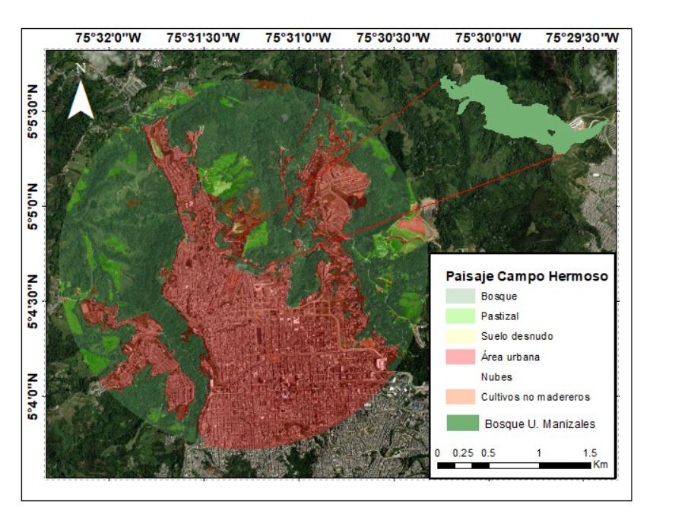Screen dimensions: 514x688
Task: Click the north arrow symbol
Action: tap(81, 94)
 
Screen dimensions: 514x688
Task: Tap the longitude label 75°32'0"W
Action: tap(107, 37)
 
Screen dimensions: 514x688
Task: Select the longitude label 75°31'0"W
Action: tap(298, 37)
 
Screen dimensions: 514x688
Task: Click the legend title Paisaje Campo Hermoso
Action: tap(526, 277)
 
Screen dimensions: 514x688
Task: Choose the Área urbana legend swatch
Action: tap(459, 357)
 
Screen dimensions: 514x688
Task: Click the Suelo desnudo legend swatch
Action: tap(459, 336)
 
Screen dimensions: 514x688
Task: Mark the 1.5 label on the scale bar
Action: tap(588, 453)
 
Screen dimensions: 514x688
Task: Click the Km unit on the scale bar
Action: tap(601, 464)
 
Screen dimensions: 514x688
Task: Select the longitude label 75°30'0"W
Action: tap(488, 37)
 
